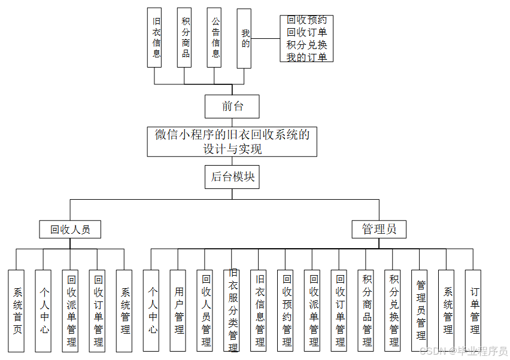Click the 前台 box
pos(232,106)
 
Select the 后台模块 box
pos(232,177)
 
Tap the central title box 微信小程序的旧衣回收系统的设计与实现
pos(232,142)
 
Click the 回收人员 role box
pos(70,229)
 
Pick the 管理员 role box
pos(379,229)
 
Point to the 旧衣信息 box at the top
pos(155,37)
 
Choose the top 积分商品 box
pos(185,37)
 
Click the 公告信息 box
pos(215,37)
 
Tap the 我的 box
pos(244,38)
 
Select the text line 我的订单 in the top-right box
pos(306,57)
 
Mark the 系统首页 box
pos(17,310)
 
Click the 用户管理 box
pos(179,310)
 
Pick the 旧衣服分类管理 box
pos(232,310)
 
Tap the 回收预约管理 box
pos(286,310)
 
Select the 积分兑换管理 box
pos(393,310)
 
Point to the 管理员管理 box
pos(420,310)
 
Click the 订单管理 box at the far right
pos(473,310)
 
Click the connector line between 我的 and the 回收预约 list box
pos(266,39)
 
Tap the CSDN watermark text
pos(463,351)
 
